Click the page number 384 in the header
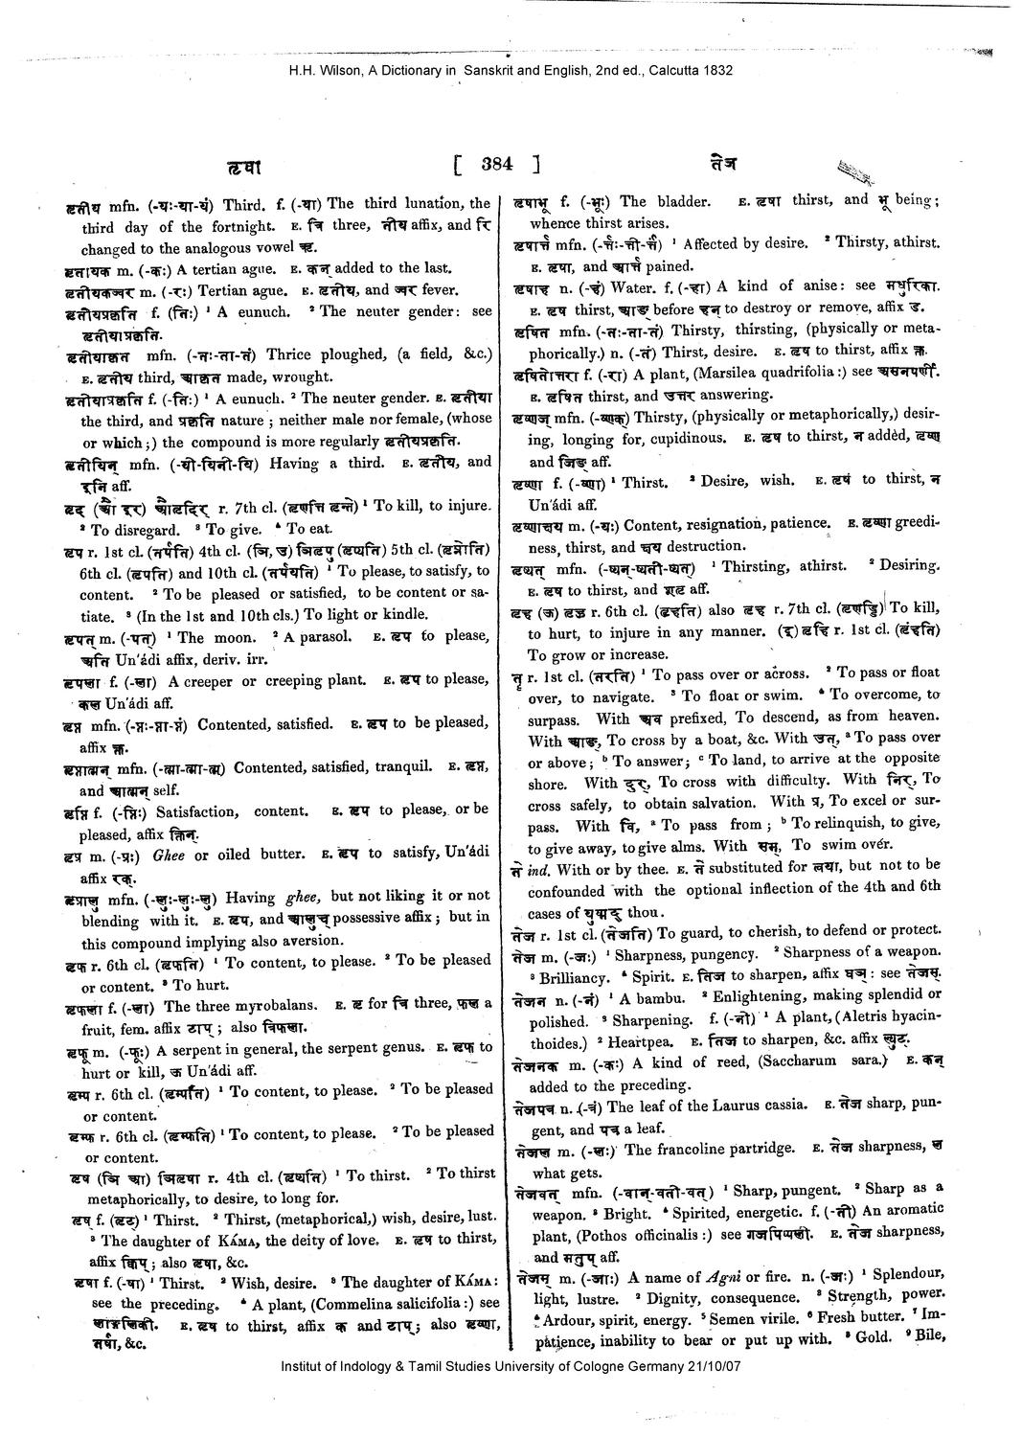tap(498, 164)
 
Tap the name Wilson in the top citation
tap(331, 70)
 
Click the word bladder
tap(679, 202)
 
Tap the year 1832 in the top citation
tap(734, 70)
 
